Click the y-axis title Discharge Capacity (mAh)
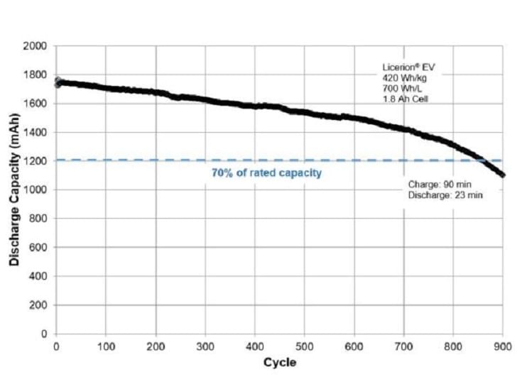coord(13,190)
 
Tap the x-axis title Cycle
coord(280,363)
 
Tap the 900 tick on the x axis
coord(503,346)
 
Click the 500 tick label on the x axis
coord(305,346)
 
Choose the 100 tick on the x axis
coord(106,346)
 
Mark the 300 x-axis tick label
coord(205,346)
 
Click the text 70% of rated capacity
coord(266,173)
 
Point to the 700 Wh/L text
coord(399,89)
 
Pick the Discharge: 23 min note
coord(445,195)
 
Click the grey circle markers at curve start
coord(58,82)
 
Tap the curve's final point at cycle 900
coord(503,175)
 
